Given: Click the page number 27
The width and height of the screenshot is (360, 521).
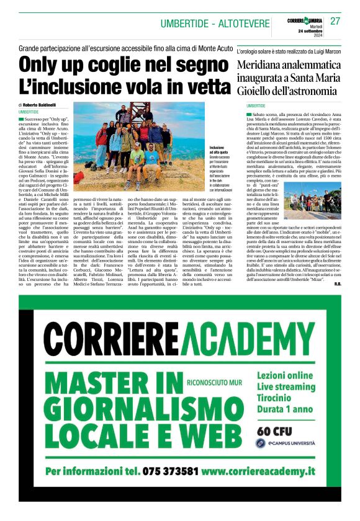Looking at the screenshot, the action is point(336,21).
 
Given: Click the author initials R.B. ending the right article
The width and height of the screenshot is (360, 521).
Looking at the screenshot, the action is point(337,284).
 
